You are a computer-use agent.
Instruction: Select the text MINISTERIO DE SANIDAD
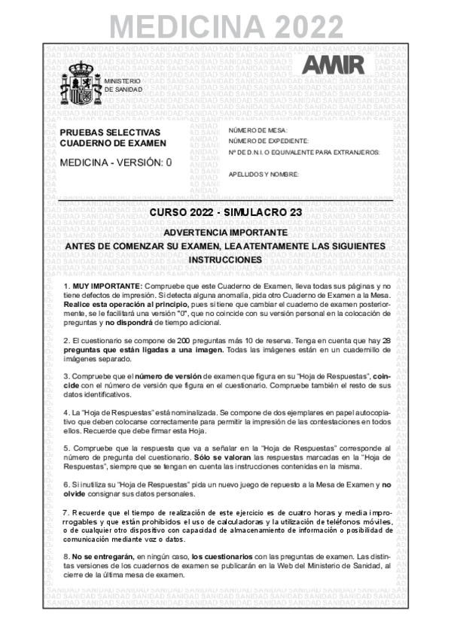pyautogui.click(x=123, y=84)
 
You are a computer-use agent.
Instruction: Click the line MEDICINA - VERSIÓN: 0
pyautogui.click(x=116, y=161)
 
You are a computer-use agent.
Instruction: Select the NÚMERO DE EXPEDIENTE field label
pyautogui.click(x=268, y=141)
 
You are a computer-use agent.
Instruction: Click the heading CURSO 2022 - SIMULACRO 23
pyautogui.click(x=226, y=212)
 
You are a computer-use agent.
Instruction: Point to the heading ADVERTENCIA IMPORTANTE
pyautogui.click(x=226, y=232)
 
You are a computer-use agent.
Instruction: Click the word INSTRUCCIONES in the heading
pyautogui.click(x=226, y=259)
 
